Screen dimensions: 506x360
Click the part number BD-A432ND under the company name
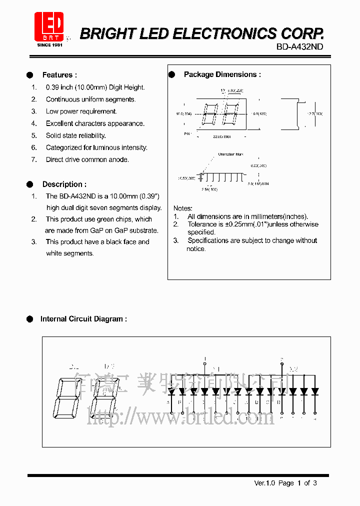299,46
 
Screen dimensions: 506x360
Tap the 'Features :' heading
59,75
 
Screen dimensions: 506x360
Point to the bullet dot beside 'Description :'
29,184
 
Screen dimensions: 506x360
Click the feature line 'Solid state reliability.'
75,135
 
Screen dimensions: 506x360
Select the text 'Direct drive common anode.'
87,159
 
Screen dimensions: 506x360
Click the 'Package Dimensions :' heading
222,74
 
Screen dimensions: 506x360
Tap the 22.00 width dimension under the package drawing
221,136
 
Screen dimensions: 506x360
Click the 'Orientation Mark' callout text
230,154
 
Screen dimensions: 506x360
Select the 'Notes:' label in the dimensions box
182,208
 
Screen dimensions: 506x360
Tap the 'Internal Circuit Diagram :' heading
83,319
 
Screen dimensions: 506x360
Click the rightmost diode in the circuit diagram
314,391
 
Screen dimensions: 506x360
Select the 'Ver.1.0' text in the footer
264,483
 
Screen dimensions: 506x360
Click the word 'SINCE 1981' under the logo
49,45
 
